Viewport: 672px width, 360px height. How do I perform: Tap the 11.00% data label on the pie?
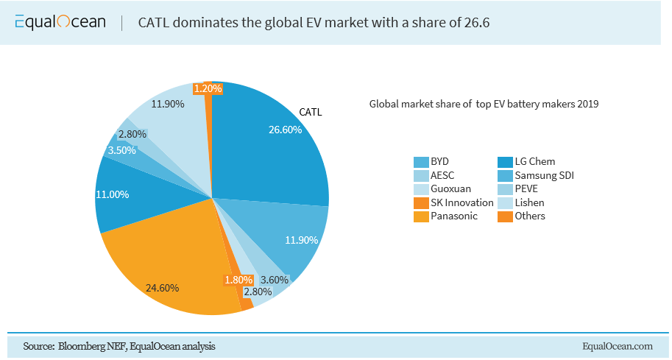tap(113, 194)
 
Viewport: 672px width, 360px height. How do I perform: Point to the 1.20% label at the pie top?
tap(208, 88)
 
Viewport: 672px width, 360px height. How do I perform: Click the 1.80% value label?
tap(238, 280)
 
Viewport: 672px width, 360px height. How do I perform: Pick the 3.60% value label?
tap(275, 280)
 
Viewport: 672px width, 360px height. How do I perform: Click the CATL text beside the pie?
tap(311, 113)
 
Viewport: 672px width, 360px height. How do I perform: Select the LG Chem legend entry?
tap(534, 161)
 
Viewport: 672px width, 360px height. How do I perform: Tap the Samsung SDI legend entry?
tap(543, 175)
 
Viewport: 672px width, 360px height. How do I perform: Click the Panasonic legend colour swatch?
tap(420, 216)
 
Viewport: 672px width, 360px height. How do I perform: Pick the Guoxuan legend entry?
tap(450, 188)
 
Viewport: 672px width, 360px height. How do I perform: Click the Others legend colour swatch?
tap(505, 216)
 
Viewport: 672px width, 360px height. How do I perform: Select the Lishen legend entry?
tap(529, 202)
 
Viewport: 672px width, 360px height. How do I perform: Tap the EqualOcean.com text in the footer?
tap(617, 346)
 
